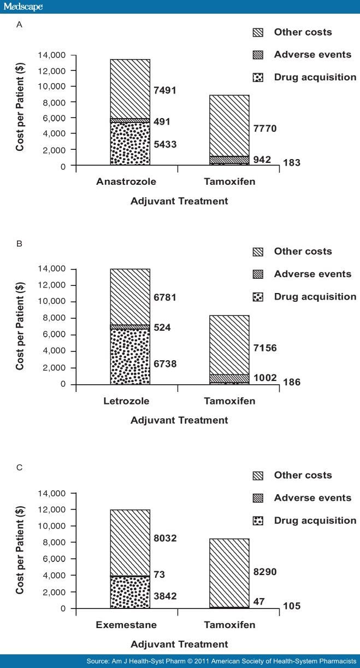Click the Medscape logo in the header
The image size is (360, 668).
[x=23, y=7]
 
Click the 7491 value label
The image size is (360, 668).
[x=165, y=90]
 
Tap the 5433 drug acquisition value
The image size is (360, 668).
[x=165, y=144]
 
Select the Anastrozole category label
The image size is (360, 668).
[x=126, y=181]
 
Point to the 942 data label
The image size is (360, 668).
[x=262, y=160]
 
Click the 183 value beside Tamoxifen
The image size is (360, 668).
[x=292, y=163]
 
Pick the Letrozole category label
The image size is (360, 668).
[x=126, y=401]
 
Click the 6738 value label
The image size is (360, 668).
[x=165, y=364]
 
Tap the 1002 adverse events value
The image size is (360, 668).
[x=265, y=378]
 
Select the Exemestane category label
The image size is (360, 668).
[x=126, y=625]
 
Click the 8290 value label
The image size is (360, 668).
[x=265, y=572]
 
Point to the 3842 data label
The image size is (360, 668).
[x=165, y=596]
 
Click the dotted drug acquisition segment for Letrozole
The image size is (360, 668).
[x=130, y=356]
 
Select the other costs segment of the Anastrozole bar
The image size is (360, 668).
[x=130, y=89]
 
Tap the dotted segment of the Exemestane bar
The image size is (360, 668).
[x=130, y=593]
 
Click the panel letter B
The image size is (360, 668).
[x=19, y=244]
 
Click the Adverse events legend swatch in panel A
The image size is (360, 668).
[x=258, y=55]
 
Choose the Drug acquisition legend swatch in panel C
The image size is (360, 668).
[x=258, y=521]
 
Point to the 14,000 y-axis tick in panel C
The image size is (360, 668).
[x=52, y=494]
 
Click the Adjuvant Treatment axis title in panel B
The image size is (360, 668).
[x=179, y=420]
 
